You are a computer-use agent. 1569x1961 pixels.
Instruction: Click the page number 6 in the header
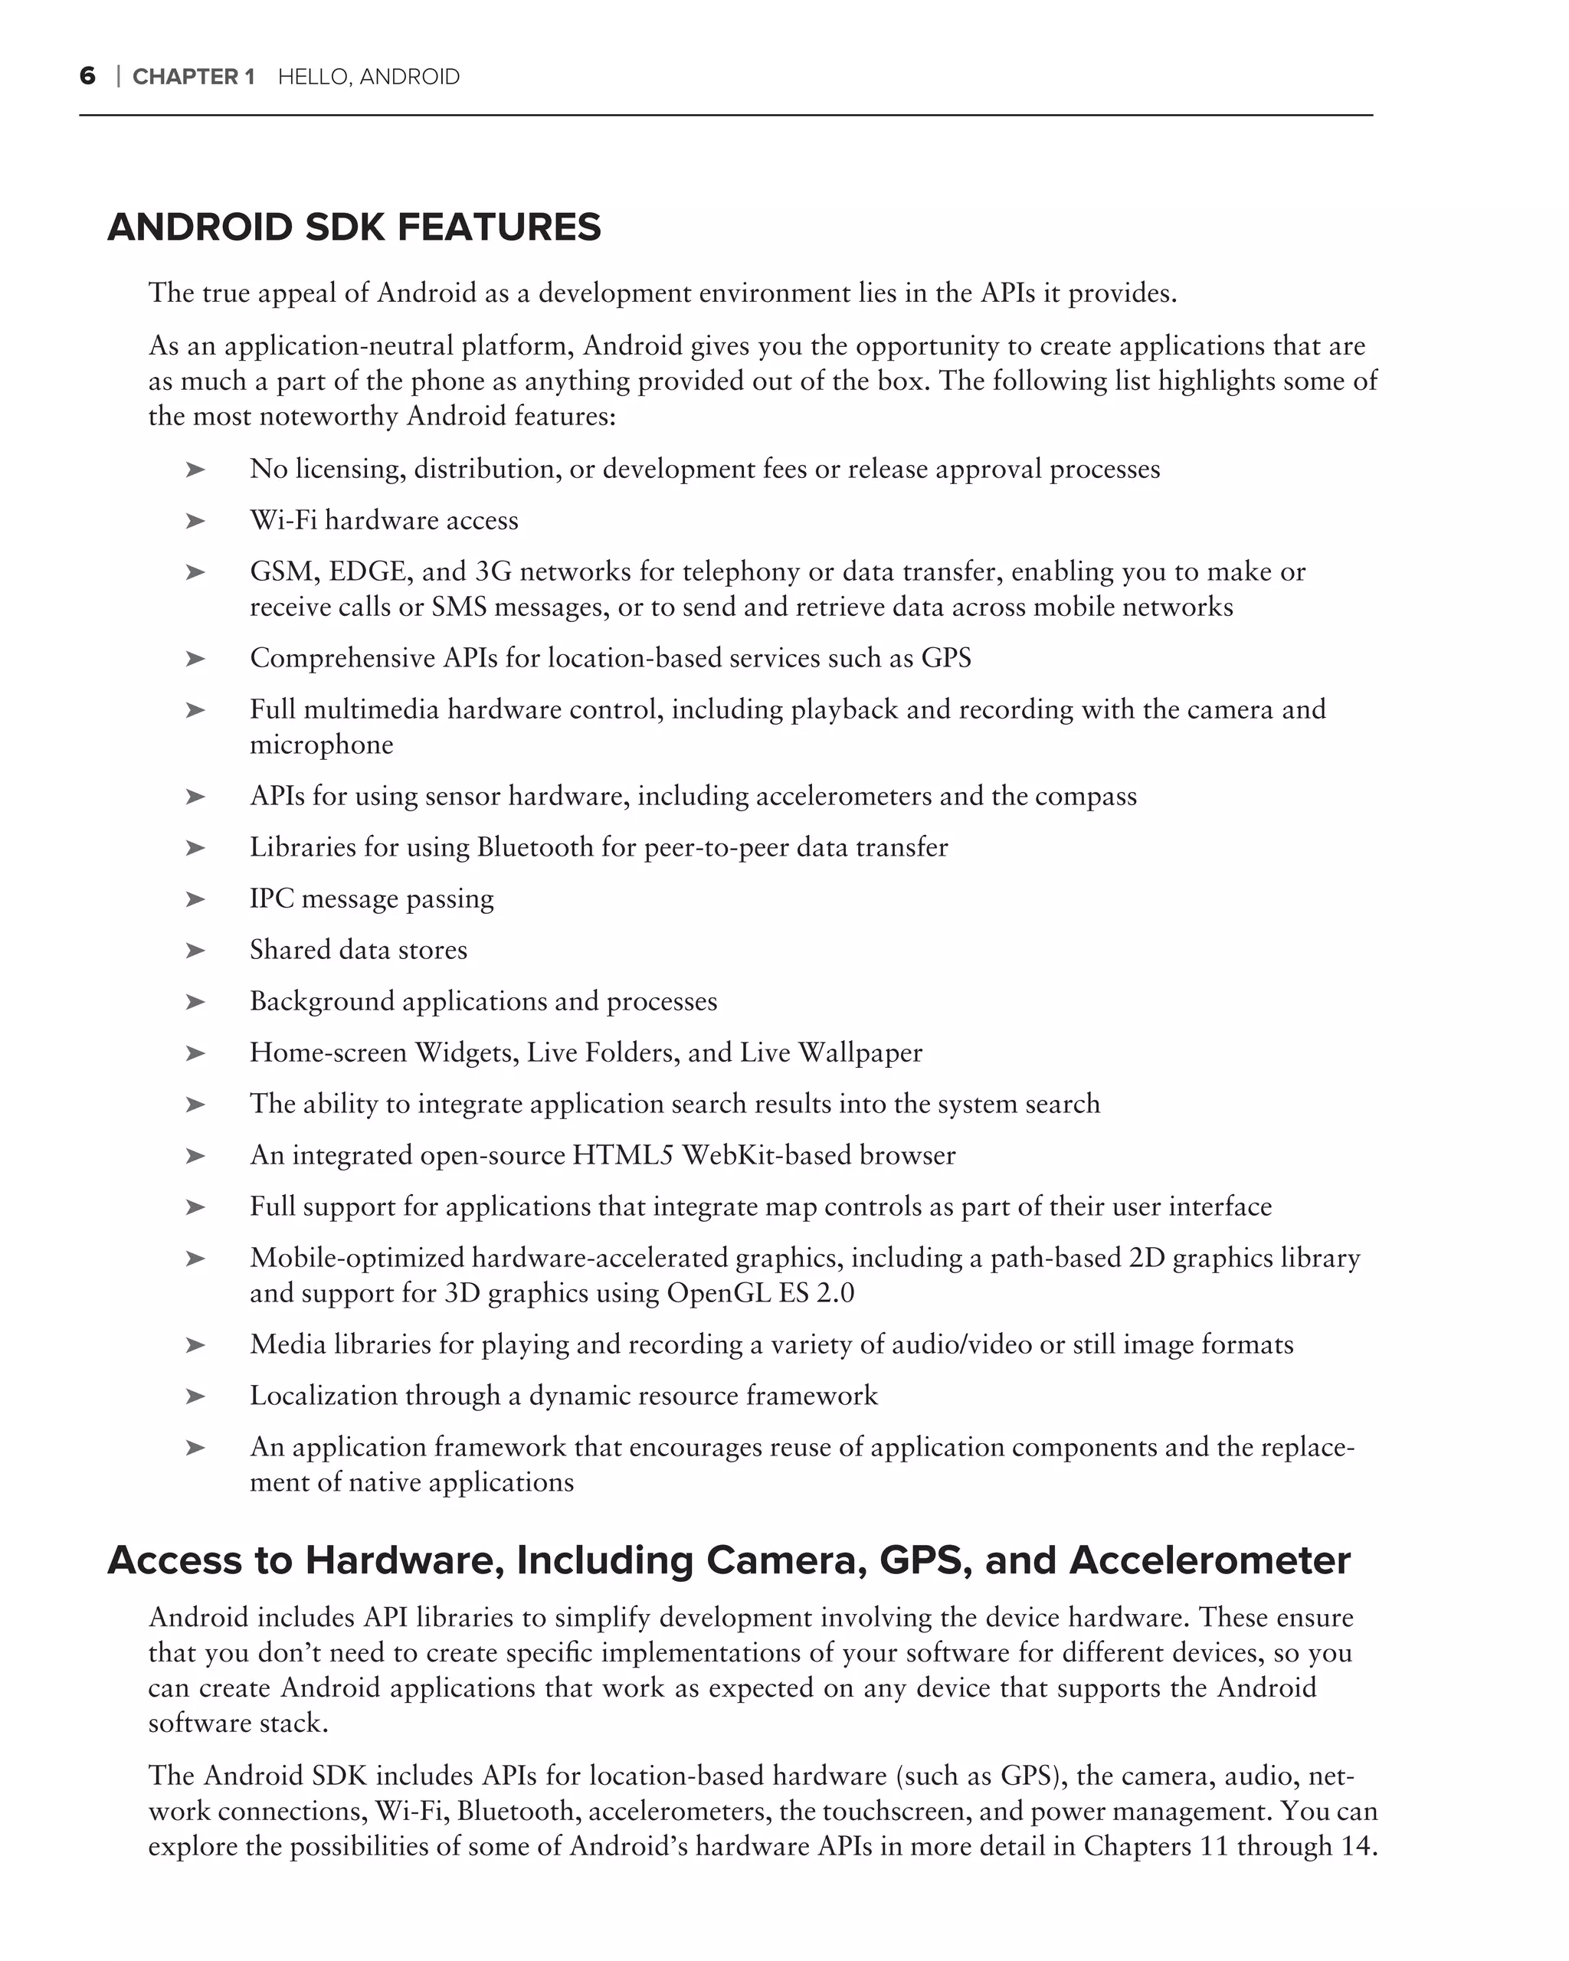87,77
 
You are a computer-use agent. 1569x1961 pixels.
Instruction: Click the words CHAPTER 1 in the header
193,77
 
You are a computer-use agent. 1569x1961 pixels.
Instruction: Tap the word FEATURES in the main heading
499,228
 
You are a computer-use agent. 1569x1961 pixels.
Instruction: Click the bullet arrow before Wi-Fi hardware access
195,521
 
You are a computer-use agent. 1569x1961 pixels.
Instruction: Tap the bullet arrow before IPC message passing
195,899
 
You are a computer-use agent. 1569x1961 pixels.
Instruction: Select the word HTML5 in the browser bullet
622,1155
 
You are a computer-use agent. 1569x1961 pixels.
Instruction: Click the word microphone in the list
321,745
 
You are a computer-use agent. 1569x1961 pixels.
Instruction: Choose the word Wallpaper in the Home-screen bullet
860,1053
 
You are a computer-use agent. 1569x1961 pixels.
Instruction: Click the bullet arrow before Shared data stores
195,951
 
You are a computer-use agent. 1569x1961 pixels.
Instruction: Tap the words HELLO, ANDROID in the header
369,77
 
